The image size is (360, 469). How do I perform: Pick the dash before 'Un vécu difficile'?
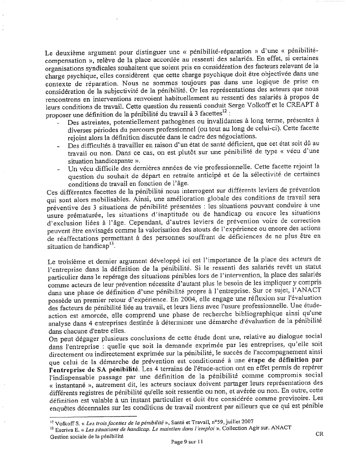[58, 167]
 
